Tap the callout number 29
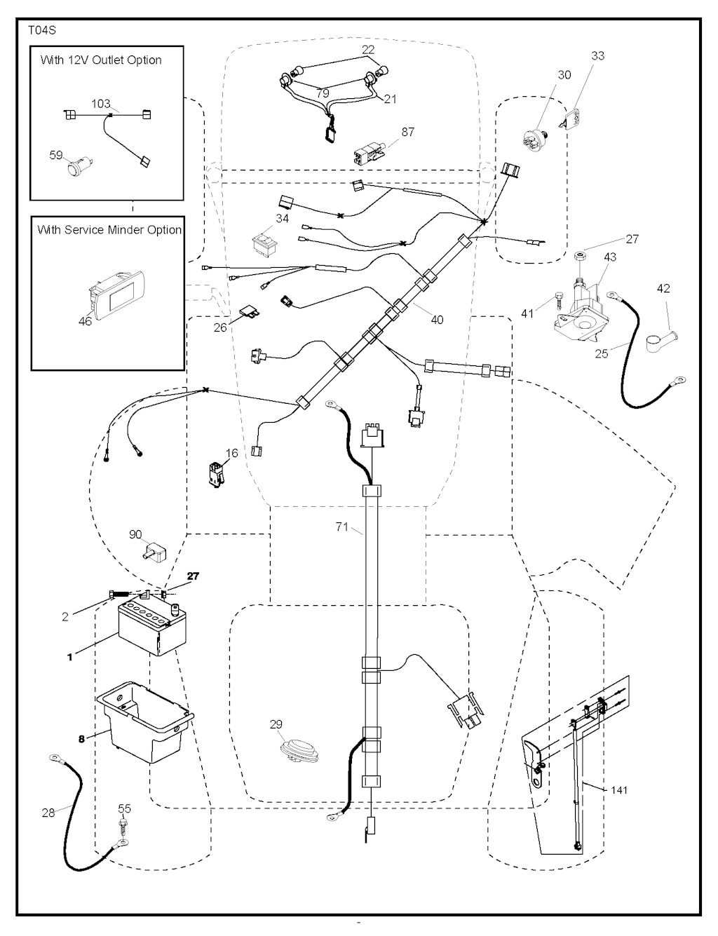tap(276, 724)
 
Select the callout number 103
tap(101, 104)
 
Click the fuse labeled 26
tap(246, 311)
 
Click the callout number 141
tap(619, 790)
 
